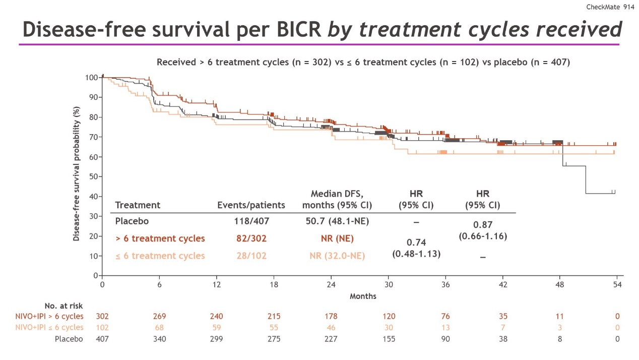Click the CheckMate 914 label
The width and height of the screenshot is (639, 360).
(610, 7)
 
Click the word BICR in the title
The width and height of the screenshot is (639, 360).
(298, 29)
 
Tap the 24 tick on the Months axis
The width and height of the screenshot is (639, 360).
(331, 285)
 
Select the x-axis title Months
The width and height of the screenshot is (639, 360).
(363, 296)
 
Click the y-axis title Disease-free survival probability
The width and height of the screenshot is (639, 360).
(77, 173)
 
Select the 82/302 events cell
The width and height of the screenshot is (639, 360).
(251, 238)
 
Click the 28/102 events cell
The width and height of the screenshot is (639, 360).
(251, 256)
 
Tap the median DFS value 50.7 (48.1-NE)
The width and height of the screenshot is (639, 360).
(337, 221)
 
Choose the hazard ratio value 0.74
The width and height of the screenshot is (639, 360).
(416, 243)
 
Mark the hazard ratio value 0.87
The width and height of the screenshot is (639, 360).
(483, 225)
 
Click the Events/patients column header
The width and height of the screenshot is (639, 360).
(251, 205)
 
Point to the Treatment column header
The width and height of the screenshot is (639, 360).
(138, 205)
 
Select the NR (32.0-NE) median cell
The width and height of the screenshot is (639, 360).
(337, 256)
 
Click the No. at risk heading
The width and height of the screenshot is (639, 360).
(63, 306)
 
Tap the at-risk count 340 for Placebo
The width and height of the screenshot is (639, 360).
(159, 339)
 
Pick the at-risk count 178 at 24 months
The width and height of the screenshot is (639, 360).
(331, 317)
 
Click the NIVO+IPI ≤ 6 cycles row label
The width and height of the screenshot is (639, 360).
(49, 328)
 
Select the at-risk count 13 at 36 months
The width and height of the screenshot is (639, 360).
(446, 328)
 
